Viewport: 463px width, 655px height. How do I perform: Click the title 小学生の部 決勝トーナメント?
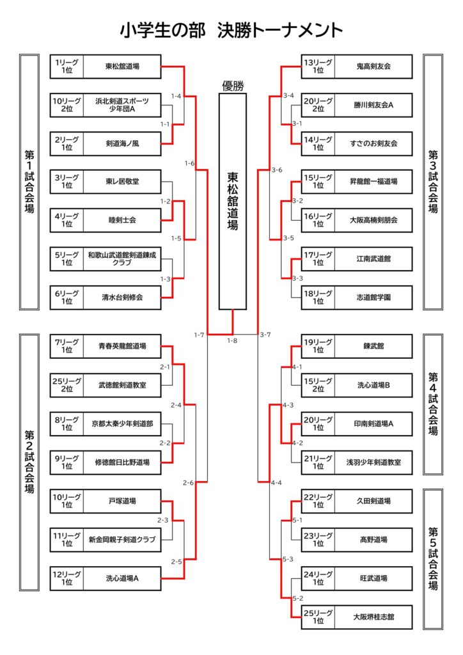[x=231, y=31]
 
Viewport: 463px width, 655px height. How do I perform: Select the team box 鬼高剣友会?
[x=374, y=66]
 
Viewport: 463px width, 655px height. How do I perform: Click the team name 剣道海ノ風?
[x=122, y=143]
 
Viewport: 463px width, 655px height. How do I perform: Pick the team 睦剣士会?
[x=122, y=220]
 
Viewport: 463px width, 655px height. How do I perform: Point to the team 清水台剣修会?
[x=122, y=297]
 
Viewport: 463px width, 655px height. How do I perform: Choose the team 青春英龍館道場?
[x=122, y=346]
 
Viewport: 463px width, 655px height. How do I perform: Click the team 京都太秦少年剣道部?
[x=122, y=423]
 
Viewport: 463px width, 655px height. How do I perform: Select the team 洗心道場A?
[x=122, y=578]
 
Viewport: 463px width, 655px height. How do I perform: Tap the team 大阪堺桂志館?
[x=374, y=617]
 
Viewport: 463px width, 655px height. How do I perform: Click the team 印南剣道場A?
[x=374, y=423]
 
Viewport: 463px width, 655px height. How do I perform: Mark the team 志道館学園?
[x=374, y=297]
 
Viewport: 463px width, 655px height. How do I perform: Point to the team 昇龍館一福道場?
[x=374, y=182]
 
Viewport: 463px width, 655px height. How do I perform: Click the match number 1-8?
[x=232, y=340]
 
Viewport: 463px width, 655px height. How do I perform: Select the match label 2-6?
[x=189, y=482]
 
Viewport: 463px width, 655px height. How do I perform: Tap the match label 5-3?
[x=288, y=558]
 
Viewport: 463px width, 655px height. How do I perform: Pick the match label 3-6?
[x=277, y=170]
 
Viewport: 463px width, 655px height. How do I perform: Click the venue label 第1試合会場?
[x=29, y=182]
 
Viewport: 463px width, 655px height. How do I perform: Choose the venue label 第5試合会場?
[x=433, y=558]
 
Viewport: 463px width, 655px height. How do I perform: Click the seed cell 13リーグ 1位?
[x=318, y=66]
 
